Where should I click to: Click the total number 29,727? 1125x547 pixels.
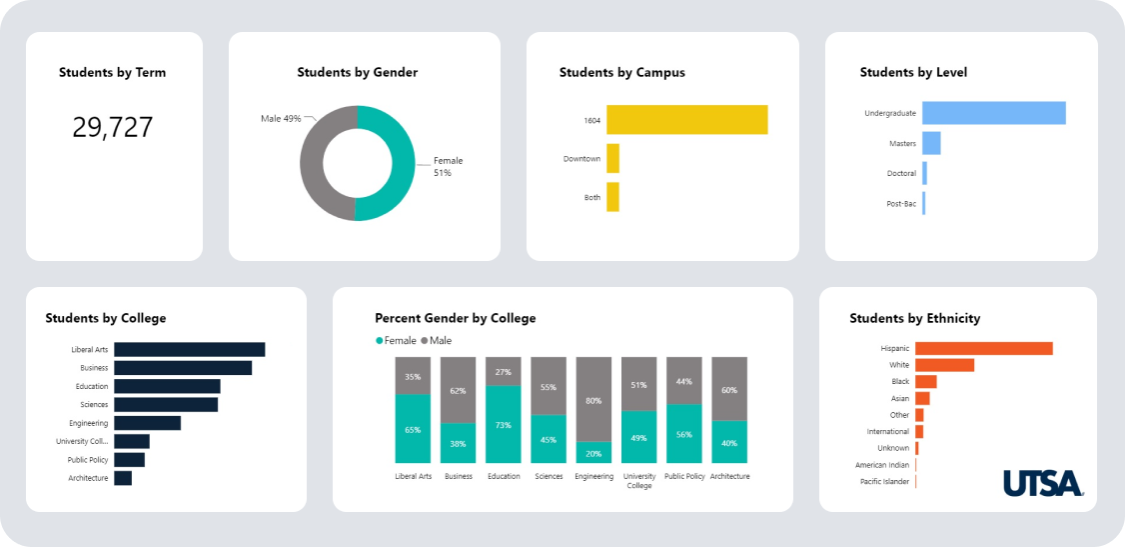tap(113, 127)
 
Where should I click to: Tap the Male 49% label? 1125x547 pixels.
tap(281, 118)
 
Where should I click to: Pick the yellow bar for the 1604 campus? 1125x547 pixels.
tap(686, 120)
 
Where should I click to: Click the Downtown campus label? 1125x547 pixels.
tap(581, 159)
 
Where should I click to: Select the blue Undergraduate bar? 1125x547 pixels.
tap(993, 113)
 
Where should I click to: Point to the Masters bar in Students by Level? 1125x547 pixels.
tap(931, 143)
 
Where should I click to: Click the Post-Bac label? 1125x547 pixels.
tap(901, 203)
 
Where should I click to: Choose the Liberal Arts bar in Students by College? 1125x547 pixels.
tap(189, 349)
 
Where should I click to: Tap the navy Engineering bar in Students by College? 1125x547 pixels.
tap(147, 423)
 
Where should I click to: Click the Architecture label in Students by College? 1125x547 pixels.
tap(88, 478)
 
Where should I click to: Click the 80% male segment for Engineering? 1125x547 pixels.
tap(593, 400)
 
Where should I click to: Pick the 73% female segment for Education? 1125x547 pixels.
tap(503, 425)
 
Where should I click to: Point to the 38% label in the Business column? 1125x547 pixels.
tap(458, 443)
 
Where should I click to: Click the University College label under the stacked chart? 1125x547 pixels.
tap(638, 481)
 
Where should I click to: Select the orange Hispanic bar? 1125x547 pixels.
tap(983, 348)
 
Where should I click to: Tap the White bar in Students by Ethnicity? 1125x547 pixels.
tap(944, 365)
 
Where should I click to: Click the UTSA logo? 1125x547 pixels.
tap(1043, 483)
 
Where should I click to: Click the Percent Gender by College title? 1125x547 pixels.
tap(455, 318)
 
